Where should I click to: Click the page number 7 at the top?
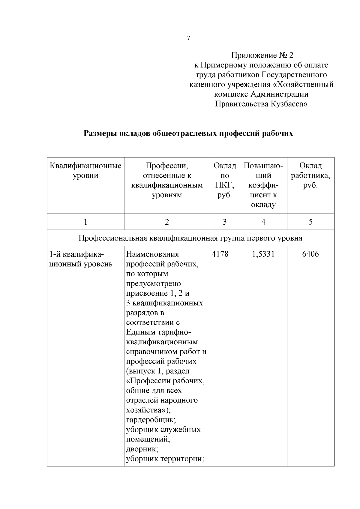point(188,38)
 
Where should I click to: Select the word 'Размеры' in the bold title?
point(100,133)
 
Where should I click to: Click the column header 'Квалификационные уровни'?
point(85,170)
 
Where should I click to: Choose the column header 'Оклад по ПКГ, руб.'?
point(225,180)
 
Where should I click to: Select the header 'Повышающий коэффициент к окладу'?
point(263,185)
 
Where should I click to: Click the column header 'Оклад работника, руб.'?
point(310,175)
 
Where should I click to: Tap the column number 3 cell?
point(225,222)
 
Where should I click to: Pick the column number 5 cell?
point(310,222)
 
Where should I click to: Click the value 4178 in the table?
point(220,254)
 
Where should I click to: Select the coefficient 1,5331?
point(263,254)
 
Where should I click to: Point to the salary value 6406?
point(310,254)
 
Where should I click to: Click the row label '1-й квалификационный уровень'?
point(80,259)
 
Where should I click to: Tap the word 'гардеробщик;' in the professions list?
point(151,420)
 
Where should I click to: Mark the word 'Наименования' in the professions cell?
point(152,254)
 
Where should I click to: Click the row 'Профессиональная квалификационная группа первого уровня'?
point(190,238)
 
